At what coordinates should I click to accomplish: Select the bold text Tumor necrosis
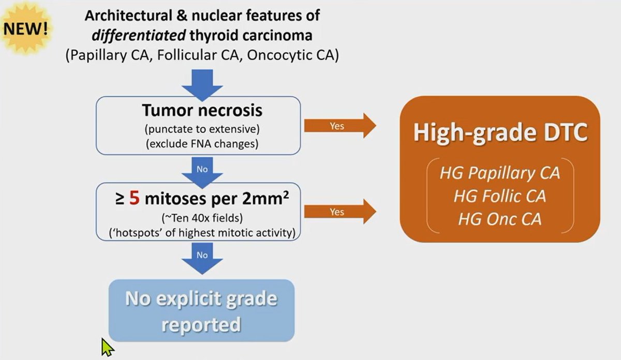(x=202, y=111)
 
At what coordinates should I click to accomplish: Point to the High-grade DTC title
(x=500, y=133)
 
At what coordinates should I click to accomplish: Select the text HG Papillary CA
(x=500, y=173)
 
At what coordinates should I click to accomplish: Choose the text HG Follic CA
(x=500, y=196)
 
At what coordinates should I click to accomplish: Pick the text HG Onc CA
(x=500, y=219)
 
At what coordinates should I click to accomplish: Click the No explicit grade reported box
(x=201, y=310)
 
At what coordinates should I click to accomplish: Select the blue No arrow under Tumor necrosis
(x=202, y=171)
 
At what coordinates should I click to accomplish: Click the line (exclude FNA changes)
(x=202, y=143)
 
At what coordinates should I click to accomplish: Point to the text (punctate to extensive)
(x=202, y=128)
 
